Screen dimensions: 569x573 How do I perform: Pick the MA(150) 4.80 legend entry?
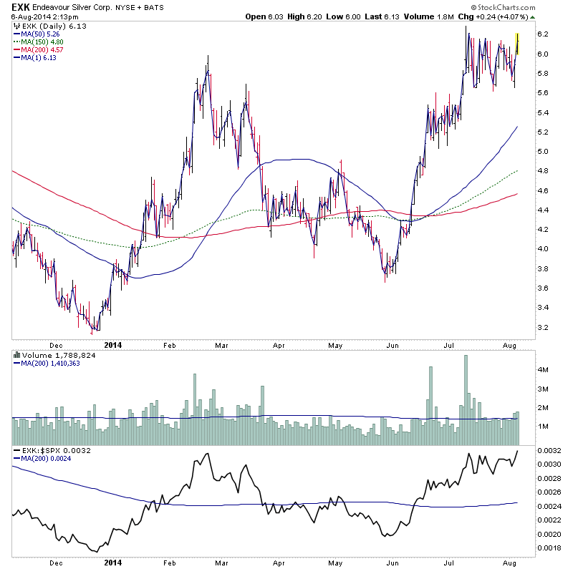coord(40,42)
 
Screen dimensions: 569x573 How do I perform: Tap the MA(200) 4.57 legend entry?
coord(40,50)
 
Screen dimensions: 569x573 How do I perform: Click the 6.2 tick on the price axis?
coord(543,34)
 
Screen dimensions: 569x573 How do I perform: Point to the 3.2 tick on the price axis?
coord(543,327)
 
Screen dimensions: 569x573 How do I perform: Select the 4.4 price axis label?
coord(543,210)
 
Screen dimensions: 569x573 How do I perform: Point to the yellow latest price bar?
coord(517,44)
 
